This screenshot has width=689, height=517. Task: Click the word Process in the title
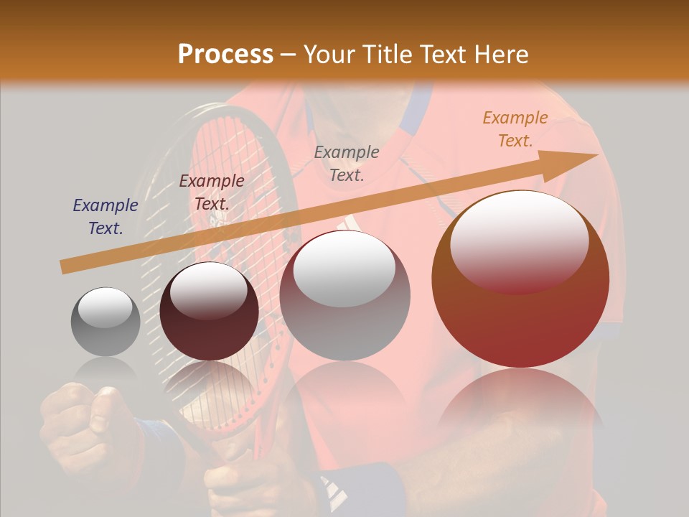[225, 55]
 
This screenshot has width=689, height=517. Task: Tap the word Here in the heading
[500, 55]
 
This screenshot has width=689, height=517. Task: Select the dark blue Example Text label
[106, 217]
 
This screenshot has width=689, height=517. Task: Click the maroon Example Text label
[211, 192]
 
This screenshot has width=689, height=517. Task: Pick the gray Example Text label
[347, 163]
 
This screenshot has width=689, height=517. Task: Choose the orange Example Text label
[515, 129]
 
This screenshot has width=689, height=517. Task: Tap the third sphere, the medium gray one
[344, 295]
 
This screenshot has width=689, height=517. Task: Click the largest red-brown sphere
[520, 279]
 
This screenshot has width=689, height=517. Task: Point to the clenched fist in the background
[79, 424]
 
